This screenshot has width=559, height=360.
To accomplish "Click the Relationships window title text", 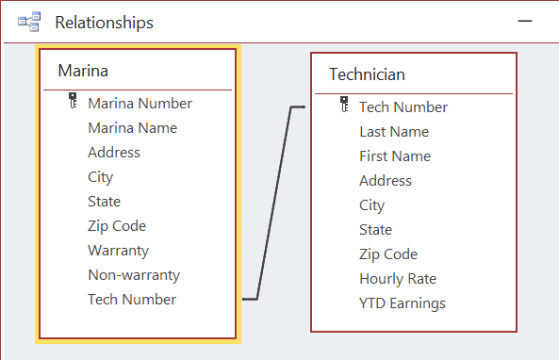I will click(x=104, y=22).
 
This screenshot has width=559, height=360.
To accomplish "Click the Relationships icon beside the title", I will click(x=28, y=22).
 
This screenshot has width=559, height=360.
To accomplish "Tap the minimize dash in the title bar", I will click(x=534, y=20).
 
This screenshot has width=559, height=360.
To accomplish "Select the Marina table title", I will click(x=83, y=71).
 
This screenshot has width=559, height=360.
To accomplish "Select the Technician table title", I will click(x=367, y=74).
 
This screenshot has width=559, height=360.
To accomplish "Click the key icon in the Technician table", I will click(x=345, y=106).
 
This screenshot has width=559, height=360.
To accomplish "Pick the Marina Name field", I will click(x=132, y=128).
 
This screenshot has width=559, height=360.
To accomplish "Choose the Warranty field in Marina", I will click(x=118, y=251).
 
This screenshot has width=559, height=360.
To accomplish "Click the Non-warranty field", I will click(x=133, y=275).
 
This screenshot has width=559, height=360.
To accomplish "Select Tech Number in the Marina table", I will click(x=131, y=300).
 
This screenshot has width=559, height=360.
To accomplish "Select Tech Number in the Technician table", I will click(x=403, y=107).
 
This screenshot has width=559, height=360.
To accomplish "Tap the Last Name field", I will click(x=393, y=132).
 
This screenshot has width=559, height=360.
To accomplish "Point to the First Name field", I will click(x=394, y=156).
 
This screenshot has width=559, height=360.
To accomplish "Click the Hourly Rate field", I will click(x=397, y=279).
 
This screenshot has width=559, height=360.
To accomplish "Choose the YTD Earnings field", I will click(x=402, y=303).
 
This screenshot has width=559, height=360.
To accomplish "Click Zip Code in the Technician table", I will click(x=387, y=254).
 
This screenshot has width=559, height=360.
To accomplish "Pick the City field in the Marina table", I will click(x=100, y=177).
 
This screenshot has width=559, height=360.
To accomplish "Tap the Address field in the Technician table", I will click(x=385, y=181).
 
